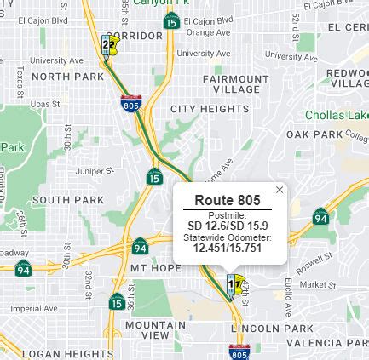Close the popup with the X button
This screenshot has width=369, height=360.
(x=279, y=189)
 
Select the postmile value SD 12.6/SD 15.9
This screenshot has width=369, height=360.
(x=226, y=226)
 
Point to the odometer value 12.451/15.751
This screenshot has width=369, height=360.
(x=226, y=247)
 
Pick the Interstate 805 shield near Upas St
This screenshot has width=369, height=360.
(x=131, y=105)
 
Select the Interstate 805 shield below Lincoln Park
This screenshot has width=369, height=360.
(x=239, y=351)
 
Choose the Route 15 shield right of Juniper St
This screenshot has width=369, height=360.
(x=153, y=176)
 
